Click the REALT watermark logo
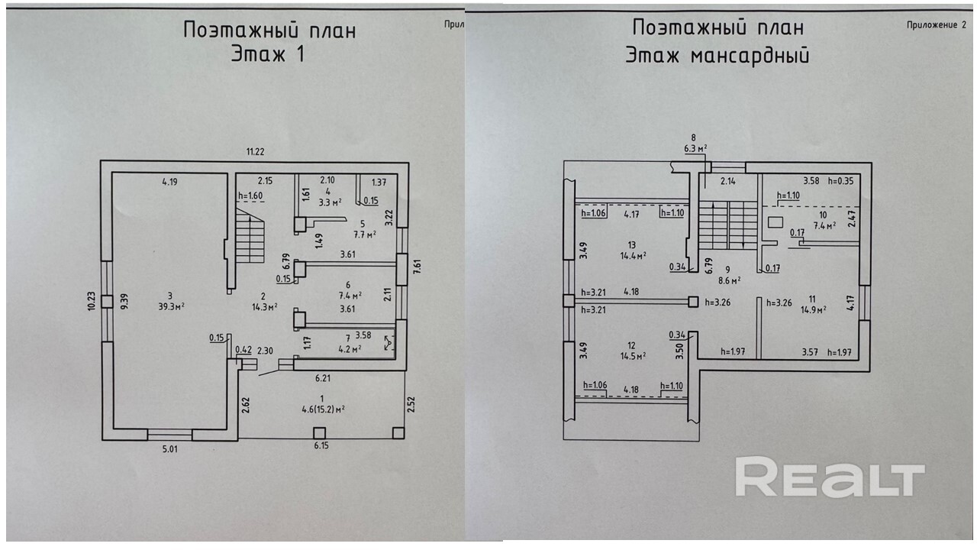pos(830,477)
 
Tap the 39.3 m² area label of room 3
pos(172,306)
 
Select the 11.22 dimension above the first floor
pos(255,152)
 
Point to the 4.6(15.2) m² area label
pos(323,409)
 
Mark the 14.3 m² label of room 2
pos(265,307)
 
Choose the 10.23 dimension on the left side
pos(92,301)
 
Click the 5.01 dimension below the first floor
pos(170,449)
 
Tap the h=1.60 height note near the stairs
pos(250,196)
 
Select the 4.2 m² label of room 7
pos(350,349)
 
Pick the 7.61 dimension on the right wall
pos(417,267)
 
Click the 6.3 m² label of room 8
pos(695,148)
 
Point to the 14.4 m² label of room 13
pos(633,256)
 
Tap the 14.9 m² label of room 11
pos(813,310)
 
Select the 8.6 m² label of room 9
pos(730,280)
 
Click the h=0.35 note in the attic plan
pos(840,181)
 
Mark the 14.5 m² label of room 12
pos(633,355)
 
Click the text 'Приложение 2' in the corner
pos(937,25)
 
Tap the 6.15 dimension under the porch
pos(321,445)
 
